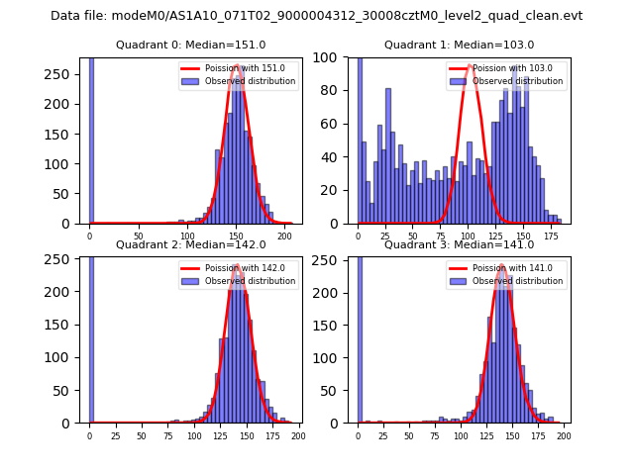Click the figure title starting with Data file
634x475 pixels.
coord(316,16)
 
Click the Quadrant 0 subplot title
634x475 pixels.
coord(190,45)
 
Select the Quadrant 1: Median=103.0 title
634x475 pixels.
coord(459,45)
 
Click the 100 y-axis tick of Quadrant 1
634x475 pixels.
coord(336,57)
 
